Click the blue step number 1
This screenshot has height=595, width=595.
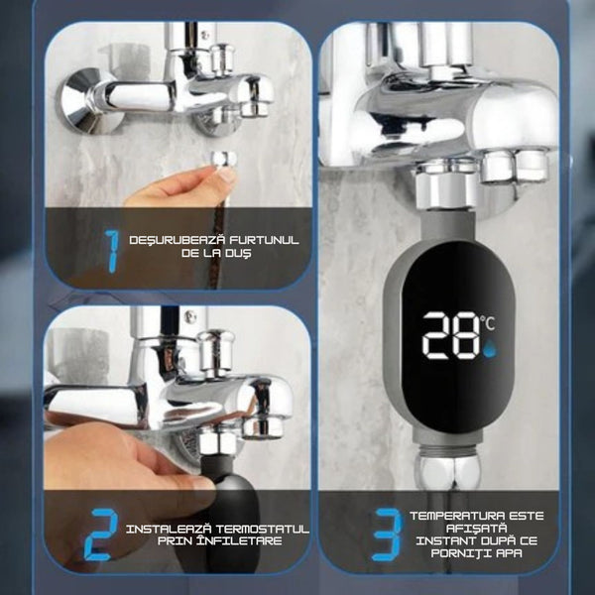click(112, 251)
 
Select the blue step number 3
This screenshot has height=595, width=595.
click(387, 535)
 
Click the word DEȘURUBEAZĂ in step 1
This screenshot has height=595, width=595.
click(178, 240)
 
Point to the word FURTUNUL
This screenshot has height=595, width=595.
click(264, 240)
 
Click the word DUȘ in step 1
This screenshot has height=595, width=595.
click(238, 253)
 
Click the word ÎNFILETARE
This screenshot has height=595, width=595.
click(239, 540)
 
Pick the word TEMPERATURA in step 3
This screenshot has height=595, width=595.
click(457, 516)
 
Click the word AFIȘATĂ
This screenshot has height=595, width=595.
click(476, 529)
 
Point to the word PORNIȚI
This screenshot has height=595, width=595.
click(460, 553)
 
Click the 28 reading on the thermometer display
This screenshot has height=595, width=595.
click(451, 335)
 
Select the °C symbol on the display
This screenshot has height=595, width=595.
click(488, 323)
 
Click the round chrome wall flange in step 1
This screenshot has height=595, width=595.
click(85, 101)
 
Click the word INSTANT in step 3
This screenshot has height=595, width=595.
click(444, 540)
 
